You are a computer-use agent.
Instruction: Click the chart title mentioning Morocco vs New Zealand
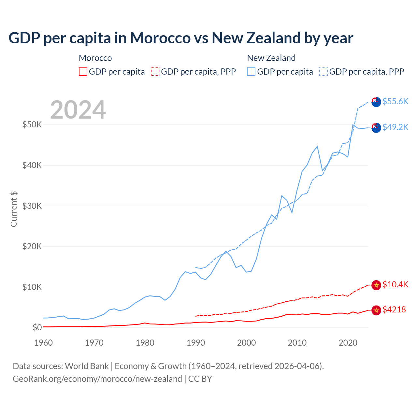coord(181,38)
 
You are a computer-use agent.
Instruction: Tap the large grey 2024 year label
coord(78,110)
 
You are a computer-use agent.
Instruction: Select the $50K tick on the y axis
coord(32,124)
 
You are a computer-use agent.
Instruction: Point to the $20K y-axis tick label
coord(32,246)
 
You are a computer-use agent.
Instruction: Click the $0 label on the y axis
coord(37,327)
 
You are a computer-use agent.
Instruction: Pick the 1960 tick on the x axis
coord(43,343)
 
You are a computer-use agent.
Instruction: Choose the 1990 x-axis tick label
coord(196,343)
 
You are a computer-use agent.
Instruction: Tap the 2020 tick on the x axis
coord(348,343)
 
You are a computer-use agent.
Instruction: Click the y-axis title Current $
coord(14,209)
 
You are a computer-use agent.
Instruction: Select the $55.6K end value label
coord(395,101)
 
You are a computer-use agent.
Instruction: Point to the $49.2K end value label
coord(395,127)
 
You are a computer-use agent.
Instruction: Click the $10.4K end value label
coord(395,284)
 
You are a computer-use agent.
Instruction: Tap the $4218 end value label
coord(394,309)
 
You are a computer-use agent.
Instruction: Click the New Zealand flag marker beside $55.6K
coord(376,102)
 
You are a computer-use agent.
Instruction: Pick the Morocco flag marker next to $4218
coord(376,310)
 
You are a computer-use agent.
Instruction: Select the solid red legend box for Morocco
coord(83,72)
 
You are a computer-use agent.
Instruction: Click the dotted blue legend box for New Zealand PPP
coord(324,72)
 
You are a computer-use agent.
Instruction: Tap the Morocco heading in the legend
coord(95,58)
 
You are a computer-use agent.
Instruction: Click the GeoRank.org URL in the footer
coord(97,379)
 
